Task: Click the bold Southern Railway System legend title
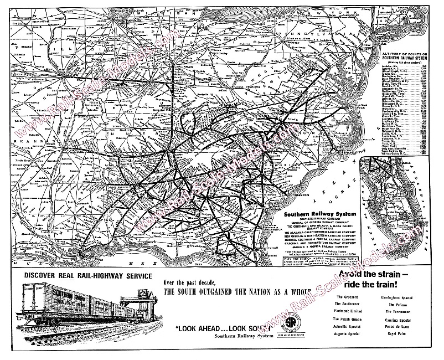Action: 311,212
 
